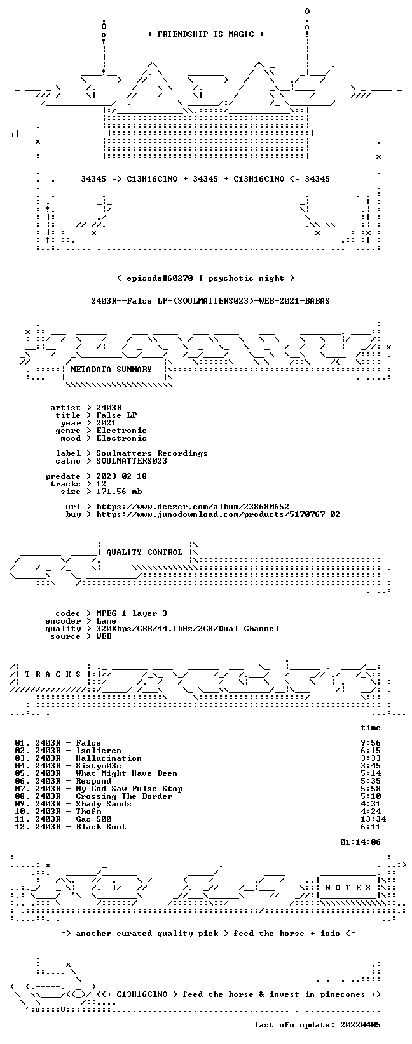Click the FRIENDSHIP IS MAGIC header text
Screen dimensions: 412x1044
[206, 34]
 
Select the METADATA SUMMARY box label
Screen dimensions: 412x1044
[111, 370]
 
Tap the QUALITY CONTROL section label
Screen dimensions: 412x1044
[144, 552]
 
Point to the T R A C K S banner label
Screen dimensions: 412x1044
[53, 674]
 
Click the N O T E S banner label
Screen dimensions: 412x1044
[348, 887]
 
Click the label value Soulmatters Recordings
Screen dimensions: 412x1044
[152, 453]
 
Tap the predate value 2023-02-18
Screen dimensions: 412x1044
[121, 476]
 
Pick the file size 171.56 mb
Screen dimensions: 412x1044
[119, 492]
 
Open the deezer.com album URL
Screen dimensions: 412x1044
[193, 507]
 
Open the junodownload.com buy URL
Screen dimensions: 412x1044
[218, 514]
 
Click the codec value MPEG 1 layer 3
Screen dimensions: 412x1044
[132, 613]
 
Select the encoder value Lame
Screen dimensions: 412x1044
[106, 621]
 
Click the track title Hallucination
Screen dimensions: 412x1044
[109, 758]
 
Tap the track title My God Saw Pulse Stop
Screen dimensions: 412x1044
[129, 789]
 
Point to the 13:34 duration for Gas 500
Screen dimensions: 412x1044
[373, 819]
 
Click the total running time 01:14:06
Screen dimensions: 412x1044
[360, 841]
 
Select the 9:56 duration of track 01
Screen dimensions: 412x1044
[371, 743]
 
